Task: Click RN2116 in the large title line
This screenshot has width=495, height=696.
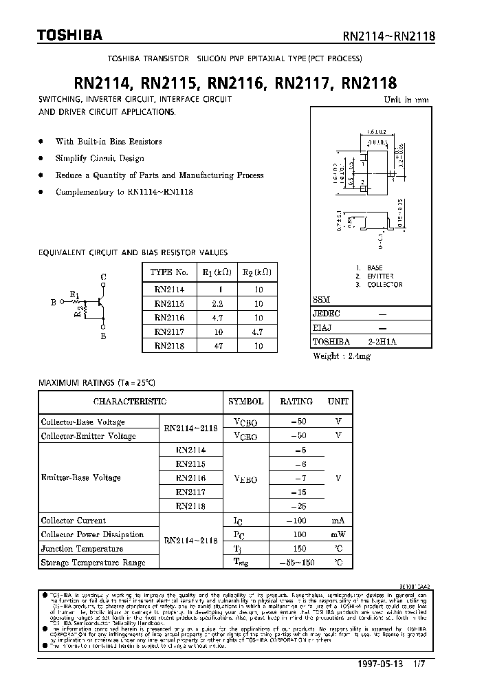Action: [236, 84]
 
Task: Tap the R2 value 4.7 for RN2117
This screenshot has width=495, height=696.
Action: [258, 331]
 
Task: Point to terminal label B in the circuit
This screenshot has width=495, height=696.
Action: [53, 301]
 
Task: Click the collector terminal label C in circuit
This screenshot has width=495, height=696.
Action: [103, 277]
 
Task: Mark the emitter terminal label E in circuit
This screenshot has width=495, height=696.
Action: [103, 336]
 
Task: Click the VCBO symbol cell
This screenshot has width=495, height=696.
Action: [245, 422]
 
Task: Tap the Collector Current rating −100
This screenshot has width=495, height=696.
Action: [296, 521]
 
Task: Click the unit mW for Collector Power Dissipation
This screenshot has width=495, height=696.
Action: [338, 534]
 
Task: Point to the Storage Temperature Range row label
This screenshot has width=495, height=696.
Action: [93, 563]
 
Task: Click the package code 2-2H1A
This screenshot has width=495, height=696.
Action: [383, 341]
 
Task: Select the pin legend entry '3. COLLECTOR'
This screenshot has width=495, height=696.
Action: [379, 285]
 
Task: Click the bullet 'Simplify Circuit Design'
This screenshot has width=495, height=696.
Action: [100, 158]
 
